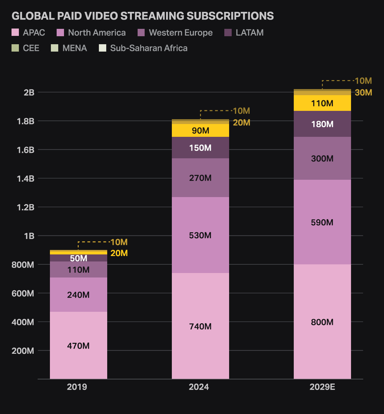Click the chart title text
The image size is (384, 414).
[x=143, y=16]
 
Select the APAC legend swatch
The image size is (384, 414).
[x=15, y=32]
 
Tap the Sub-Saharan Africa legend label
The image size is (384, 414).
[x=148, y=48]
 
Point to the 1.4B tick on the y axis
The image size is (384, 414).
[x=26, y=178]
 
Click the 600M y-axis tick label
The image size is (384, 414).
[x=23, y=293]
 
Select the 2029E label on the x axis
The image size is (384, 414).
[x=322, y=387]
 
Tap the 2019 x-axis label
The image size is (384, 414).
[x=77, y=387]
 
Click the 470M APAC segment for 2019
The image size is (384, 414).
[x=78, y=346]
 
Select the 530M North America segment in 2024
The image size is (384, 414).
[x=200, y=236]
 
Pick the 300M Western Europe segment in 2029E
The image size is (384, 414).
[x=322, y=159]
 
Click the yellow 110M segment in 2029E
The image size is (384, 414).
[x=322, y=103]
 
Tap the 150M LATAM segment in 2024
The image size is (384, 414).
[x=200, y=148]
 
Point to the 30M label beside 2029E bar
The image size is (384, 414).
[x=364, y=93]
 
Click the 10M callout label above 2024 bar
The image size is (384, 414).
[x=242, y=111]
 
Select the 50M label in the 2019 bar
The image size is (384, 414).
[x=78, y=258]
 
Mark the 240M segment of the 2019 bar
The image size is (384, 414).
[x=78, y=295]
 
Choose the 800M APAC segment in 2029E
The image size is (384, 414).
[x=322, y=322]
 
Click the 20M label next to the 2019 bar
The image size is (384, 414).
[x=119, y=253]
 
